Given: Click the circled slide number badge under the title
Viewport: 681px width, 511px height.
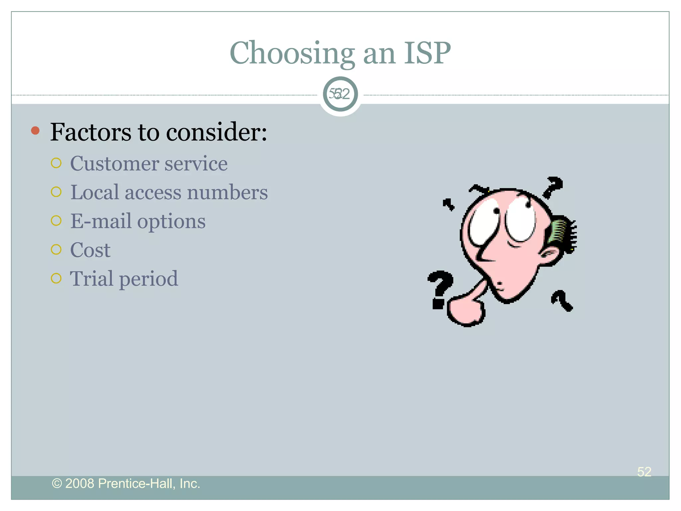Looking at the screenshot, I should tap(340, 94).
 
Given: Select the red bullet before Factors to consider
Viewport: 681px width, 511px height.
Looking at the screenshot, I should tap(35, 130).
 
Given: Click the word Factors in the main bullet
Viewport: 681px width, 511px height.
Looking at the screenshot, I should tap(90, 132).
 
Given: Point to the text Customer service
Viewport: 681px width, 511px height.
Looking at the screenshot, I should tap(149, 164).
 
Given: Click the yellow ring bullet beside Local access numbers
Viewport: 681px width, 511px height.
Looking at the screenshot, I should tap(56, 192).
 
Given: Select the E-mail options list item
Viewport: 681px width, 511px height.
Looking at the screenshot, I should tap(138, 221).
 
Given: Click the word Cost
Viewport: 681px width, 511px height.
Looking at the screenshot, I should tap(90, 250).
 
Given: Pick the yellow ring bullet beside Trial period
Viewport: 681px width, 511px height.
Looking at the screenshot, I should tap(56, 278).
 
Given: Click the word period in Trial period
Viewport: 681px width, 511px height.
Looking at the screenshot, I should tap(148, 279).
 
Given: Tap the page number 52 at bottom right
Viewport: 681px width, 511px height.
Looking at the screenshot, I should tap(644, 471).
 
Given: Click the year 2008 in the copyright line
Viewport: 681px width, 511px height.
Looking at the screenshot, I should tap(79, 483).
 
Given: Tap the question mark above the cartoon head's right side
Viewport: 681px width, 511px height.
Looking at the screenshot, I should tap(552, 187).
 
